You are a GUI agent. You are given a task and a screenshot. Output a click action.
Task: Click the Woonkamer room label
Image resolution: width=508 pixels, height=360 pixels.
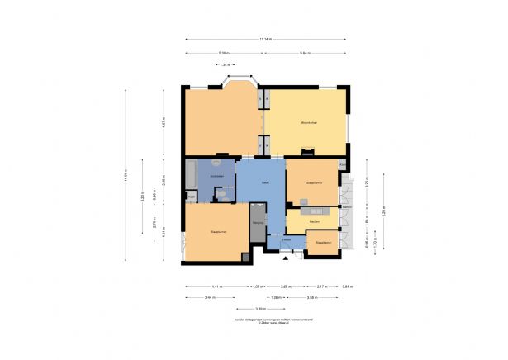point(310,123)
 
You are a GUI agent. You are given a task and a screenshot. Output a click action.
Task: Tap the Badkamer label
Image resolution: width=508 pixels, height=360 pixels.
point(219,175)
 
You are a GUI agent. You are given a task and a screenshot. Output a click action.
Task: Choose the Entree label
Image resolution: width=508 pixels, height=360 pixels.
point(286,239)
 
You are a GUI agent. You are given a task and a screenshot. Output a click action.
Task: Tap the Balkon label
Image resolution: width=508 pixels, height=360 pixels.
point(348,206)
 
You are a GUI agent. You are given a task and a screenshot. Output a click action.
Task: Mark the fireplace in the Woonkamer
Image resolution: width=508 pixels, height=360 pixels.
point(308,152)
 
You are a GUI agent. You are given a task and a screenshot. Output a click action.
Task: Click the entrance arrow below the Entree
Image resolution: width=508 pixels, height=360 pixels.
point(286,258)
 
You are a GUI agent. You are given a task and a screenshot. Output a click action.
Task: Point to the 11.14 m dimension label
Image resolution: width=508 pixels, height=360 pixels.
point(266,38)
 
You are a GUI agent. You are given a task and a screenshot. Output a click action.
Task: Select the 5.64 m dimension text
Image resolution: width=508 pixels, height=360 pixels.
point(305,53)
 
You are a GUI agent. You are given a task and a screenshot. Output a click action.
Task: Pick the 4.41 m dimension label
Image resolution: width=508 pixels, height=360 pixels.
point(216,286)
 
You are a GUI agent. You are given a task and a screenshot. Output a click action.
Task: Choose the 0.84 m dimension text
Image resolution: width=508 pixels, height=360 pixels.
point(347,286)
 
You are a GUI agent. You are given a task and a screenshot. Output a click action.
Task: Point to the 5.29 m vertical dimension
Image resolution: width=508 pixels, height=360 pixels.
point(142,197)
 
